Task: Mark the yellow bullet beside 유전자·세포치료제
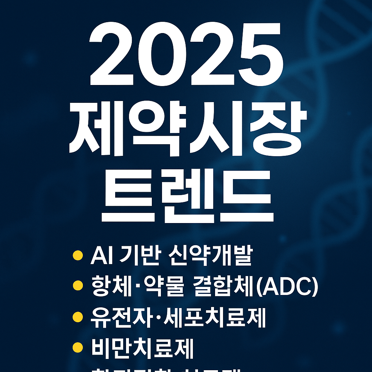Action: pos(77,318)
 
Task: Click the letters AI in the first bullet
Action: pos(99,256)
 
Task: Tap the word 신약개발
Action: pos(210,256)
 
